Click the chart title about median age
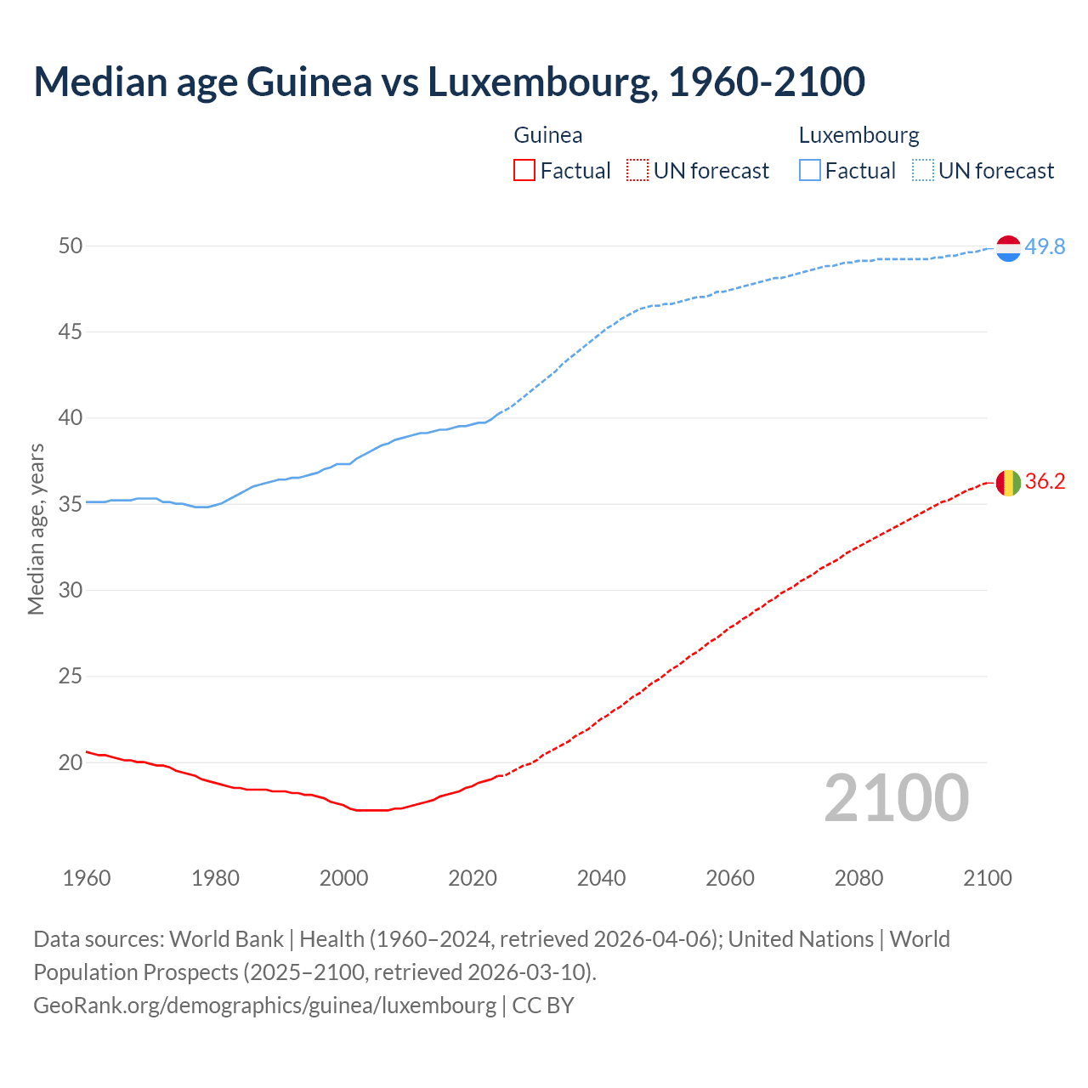(449, 82)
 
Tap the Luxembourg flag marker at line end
(1008, 248)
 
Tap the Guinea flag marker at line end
(1008, 483)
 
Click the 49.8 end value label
(1045, 246)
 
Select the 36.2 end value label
(1045, 481)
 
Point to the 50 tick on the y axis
(71, 246)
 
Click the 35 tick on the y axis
(71, 504)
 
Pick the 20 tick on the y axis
(71, 762)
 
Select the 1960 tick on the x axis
(87, 878)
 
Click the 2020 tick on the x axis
(473, 878)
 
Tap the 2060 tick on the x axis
(730, 878)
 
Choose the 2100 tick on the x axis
(988, 878)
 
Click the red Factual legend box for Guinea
(524, 171)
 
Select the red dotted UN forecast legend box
(637, 171)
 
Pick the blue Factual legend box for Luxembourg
(809, 171)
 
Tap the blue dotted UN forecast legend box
(922, 171)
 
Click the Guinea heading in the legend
(548, 135)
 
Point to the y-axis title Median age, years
(36, 529)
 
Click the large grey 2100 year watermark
(897, 798)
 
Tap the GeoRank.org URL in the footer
(264, 1005)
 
